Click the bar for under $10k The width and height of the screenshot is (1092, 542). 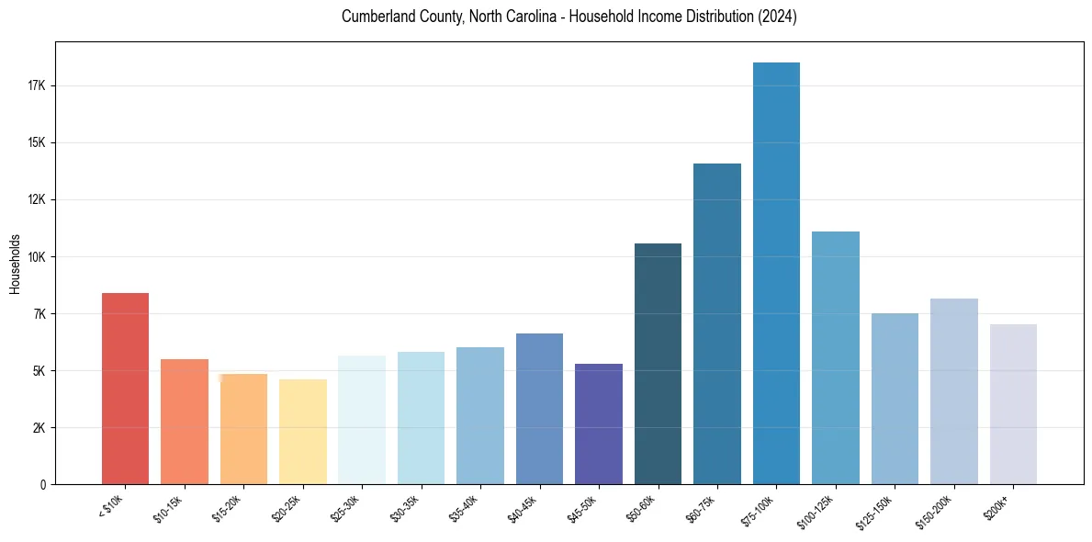[125, 389]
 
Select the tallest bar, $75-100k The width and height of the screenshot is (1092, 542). [776, 274]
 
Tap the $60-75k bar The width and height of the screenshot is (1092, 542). [717, 324]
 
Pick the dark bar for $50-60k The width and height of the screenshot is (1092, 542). [658, 364]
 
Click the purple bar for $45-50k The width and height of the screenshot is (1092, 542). [599, 424]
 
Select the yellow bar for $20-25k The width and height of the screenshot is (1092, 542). [303, 432]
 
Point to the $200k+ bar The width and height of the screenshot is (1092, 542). [1013, 404]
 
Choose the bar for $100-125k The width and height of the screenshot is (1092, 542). [836, 358]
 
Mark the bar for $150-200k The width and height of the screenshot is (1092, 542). [954, 391]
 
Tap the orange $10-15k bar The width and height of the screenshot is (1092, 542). [185, 422]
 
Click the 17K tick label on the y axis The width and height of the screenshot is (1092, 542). [36, 86]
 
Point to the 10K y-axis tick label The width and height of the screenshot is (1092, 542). [36, 257]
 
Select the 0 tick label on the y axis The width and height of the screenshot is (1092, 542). [42, 485]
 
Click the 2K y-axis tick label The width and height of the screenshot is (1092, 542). [39, 428]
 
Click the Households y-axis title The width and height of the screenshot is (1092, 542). [15, 263]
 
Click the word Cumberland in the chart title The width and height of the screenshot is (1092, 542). [374, 17]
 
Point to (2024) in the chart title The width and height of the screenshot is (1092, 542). [777, 17]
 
